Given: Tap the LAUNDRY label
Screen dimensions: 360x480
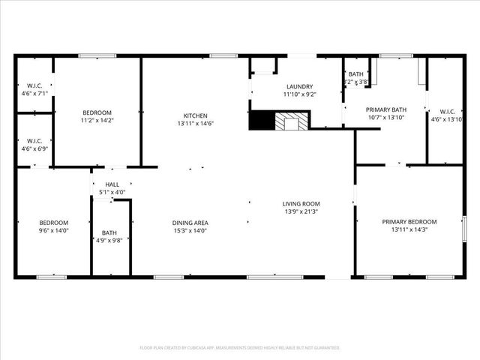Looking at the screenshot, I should tap(298, 86).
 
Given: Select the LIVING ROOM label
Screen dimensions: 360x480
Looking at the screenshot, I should tap(301, 204).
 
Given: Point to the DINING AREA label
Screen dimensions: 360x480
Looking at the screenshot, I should tap(190, 223).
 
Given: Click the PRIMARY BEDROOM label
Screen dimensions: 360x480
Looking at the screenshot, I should tap(409, 221).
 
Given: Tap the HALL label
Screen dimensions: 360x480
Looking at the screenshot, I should tap(112, 184).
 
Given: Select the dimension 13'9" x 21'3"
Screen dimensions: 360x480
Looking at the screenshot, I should tap(301, 212).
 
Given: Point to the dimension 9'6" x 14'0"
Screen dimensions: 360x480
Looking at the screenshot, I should tap(54, 231).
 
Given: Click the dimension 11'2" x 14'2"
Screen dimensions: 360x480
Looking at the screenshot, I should tap(97, 120).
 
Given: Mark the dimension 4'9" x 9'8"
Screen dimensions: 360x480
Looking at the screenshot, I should tap(109, 241).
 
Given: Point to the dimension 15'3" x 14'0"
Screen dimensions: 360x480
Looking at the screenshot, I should tap(190, 231).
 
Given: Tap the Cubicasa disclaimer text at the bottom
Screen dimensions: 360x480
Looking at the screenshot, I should tap(240, 348).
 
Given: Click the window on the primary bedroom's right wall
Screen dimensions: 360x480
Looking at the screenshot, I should tap(464, 228).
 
